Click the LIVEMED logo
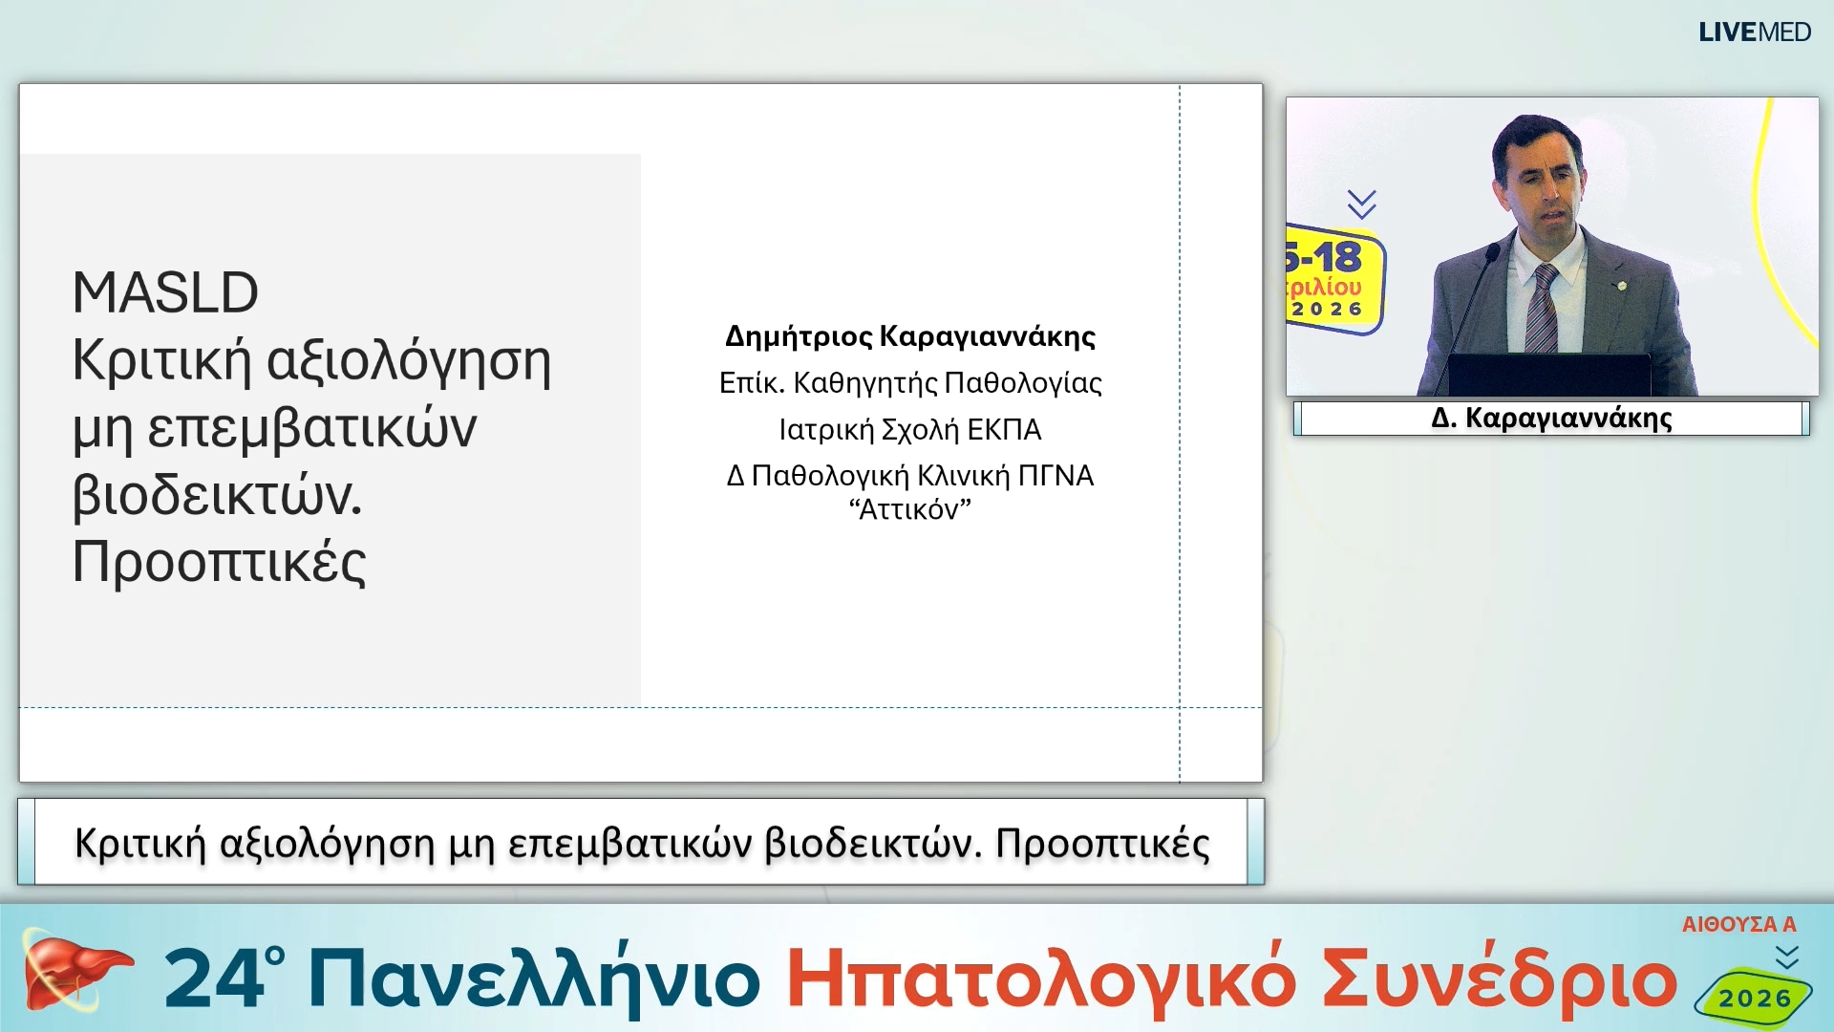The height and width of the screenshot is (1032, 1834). pyautogui.click(x=1754, y=32)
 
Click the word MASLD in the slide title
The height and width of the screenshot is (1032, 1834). pyautogui.click(x=165, y=292)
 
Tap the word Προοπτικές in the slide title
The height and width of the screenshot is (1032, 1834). pyautogui.click(x=219, y=562)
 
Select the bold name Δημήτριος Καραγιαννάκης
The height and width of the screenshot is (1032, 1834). pyautogui.click(x=910, y=336)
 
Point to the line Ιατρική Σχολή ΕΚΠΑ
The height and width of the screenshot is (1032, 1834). pyautogui.click(x=910, y=430)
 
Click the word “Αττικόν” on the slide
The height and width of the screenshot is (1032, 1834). pyautogui.click(x=910, y=510)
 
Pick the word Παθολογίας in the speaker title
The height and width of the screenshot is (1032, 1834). pyautogui.click(x=1022, y=383)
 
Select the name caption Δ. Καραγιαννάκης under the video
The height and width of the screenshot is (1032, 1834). pyautogui.click(x=1551, y=419)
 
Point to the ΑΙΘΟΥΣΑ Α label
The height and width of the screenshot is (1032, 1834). pyautogui.click(x=1738, y=924)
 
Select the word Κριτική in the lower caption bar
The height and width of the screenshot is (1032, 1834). pyautogui.click(x=140, y=844)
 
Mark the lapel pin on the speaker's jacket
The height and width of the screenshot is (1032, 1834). pyautogui.click(x=1621, y=285)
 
